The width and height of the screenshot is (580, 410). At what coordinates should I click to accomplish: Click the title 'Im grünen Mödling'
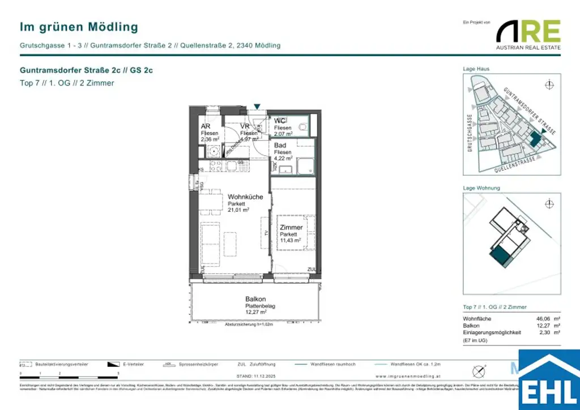click(x=79, y=27)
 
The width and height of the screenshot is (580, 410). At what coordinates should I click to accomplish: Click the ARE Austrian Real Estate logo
click(x=528, y=35)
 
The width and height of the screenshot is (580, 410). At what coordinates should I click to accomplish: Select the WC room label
click(x=280, y=121)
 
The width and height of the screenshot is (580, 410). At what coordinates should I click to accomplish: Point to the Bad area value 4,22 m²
click(x=283, y=159)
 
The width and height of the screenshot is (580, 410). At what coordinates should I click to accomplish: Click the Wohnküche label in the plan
click(x=245, y=197)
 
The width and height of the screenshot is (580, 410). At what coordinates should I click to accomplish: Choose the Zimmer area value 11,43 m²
click(x=291, y=241)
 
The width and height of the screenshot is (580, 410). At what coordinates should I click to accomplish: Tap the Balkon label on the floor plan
click(x=255, y=299)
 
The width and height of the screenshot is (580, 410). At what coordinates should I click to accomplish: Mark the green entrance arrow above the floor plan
click(x=257, y=106)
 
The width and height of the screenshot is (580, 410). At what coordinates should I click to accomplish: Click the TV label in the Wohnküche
click(x=266, y=232)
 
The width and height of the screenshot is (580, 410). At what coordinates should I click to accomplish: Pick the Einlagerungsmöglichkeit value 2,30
click(x=545, y=332)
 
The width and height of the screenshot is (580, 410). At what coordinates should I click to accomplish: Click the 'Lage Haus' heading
click(x=476, y=69)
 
